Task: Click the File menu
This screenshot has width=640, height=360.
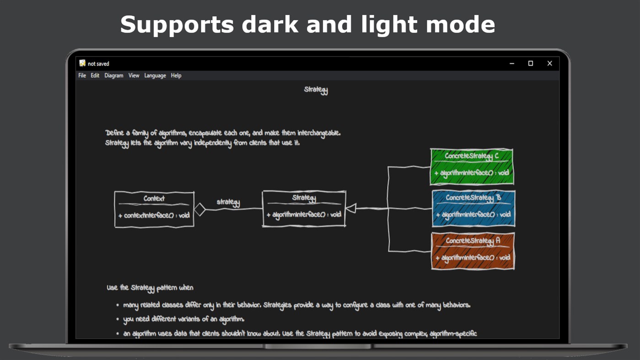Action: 82,75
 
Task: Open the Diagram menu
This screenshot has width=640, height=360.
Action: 113,75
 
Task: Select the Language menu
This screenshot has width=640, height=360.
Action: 155,75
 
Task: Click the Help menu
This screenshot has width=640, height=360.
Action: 176,75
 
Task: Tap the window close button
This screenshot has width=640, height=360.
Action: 549,64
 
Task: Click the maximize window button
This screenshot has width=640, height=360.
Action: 531,64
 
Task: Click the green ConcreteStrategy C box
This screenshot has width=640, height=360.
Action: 472,167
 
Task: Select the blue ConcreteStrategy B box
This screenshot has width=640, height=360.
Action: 473,209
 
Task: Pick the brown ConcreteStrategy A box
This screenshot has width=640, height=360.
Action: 473,251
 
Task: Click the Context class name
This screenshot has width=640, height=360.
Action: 154,199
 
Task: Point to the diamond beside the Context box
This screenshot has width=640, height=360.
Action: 200,210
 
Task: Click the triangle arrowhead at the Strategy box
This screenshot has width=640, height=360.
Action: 351,209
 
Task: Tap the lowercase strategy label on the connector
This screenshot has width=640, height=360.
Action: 228,202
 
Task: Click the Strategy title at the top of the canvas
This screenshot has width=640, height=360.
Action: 316,90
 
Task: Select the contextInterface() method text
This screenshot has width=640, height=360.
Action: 154,215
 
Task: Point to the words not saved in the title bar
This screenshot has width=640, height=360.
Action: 98,64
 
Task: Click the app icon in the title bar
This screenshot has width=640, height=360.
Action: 82,63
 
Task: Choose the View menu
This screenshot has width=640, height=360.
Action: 134,75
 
